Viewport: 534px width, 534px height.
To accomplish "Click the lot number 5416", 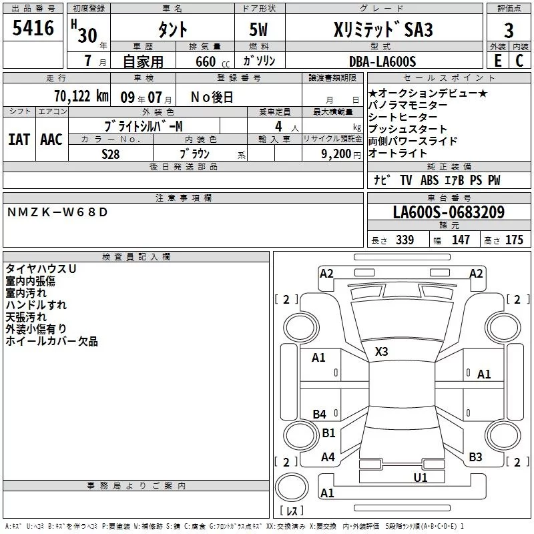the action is [x=33, y=29].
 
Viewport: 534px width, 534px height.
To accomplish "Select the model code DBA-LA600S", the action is [x=382, y=61].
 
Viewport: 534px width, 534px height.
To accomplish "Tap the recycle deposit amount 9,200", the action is [x=330, y=153].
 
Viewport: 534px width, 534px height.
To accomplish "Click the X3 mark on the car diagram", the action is [x=381, y=351].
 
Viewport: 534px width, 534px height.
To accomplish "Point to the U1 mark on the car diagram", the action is [x=420, y=477].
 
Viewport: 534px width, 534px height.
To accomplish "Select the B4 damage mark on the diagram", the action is [x=320, y=415].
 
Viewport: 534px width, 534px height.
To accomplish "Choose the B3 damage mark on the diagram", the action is [x=475, y=457].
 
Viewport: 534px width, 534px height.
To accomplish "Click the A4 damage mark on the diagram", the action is [x=328, y=457].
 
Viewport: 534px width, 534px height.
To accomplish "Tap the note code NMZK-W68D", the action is [x=57, y=212].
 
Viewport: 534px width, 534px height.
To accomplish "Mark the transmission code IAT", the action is [x=19, y=140].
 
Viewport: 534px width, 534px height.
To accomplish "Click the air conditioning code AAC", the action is [x=51, y=140].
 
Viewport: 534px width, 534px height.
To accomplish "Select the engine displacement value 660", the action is [x=205, y=61].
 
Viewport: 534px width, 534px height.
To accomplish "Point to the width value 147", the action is [x=461, y=240].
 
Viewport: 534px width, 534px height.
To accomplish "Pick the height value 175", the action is [x=514, y=240].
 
